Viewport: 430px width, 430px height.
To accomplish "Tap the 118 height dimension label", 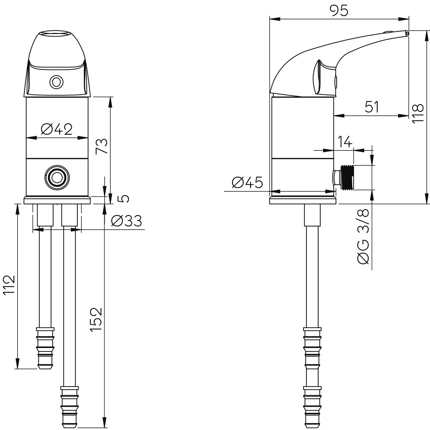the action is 418,113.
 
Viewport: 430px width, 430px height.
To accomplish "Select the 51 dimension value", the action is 372,107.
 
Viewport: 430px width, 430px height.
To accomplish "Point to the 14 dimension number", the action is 345,142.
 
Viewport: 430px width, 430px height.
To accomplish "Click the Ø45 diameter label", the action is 247,182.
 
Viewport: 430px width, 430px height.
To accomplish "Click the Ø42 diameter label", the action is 57,129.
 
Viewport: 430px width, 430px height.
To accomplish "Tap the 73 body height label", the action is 101,146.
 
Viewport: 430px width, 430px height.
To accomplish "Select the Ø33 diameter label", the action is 126,221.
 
